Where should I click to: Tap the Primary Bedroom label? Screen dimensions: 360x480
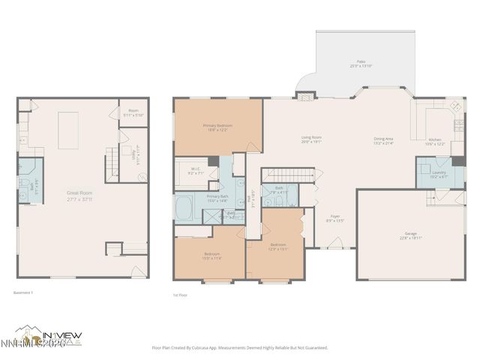218,128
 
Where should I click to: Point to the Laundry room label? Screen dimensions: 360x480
438,175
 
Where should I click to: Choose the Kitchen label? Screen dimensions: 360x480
436,141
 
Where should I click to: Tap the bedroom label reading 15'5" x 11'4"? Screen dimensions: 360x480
211,256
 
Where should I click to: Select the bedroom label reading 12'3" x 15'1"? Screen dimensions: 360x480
277,247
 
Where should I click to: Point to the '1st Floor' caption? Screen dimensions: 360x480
181,295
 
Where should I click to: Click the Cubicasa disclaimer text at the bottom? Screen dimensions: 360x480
240,347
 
